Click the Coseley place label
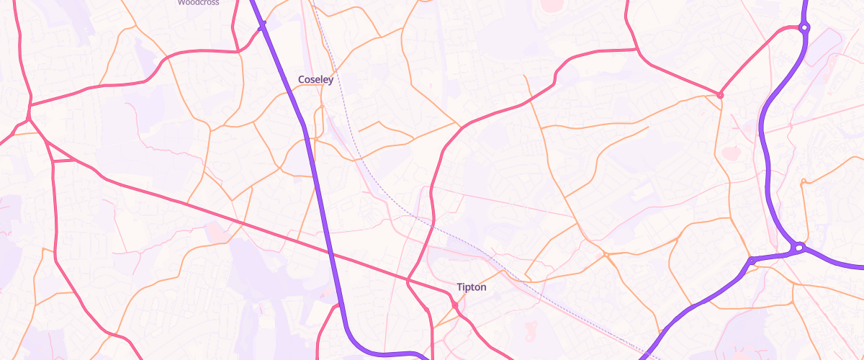coord(315,79)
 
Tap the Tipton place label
coord(472,287)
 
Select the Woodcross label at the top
coord(198,3)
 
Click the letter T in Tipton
coord(459,287)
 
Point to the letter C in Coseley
coord(302,79)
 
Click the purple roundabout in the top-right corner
coord(804,28)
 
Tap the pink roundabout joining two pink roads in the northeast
coord(719,95)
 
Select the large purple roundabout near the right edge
coord(798,248)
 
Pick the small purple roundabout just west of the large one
coord(751,261)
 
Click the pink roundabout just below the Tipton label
coord(455,307)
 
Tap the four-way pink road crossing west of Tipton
coord(408,280)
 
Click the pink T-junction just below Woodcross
coord(238,51)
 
